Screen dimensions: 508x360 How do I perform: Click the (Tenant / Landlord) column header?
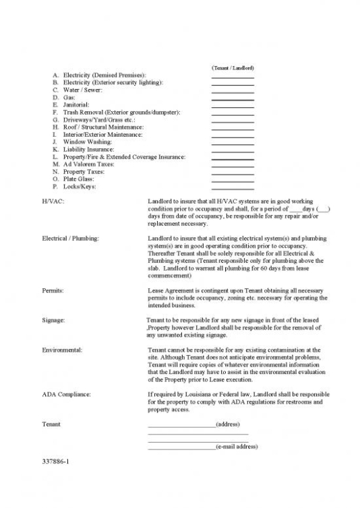[x=232, y=68]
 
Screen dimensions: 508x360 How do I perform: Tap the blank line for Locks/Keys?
[x=232, y=189]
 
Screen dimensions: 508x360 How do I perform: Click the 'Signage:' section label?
[x=53, y=320]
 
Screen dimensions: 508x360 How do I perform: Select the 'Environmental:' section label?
[x=62, y=350]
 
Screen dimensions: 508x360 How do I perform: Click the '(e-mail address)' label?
[x=236, y=447]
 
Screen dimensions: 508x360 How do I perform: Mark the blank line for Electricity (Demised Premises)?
[x=232, y=77]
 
